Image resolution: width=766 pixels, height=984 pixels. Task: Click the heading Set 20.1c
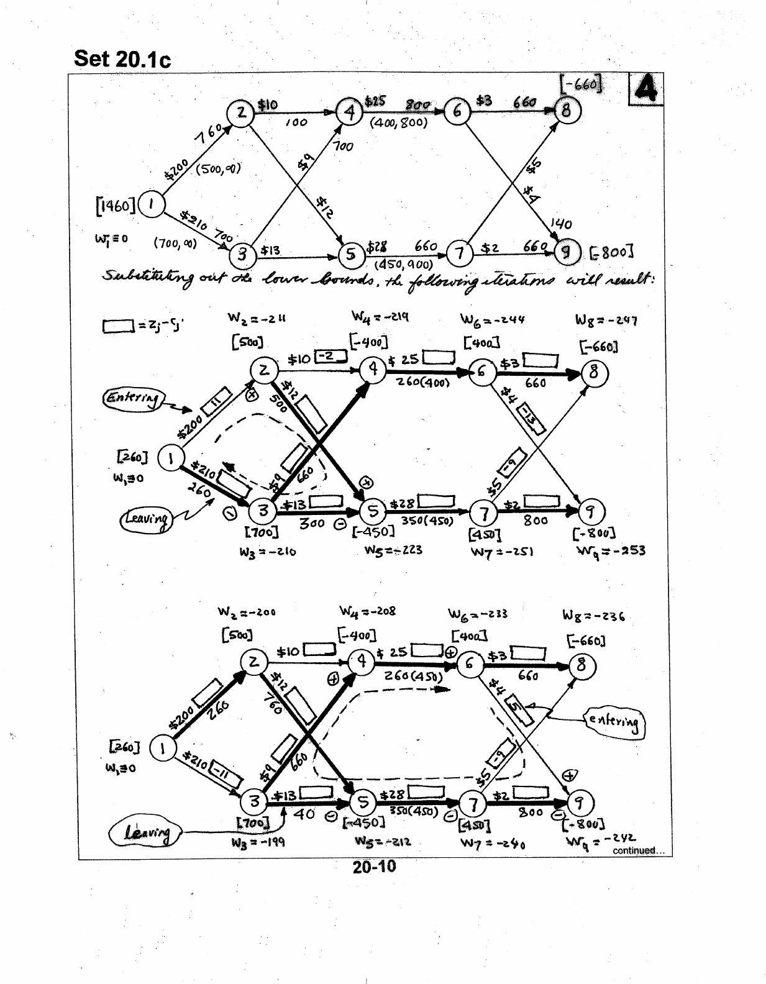pos(122,59)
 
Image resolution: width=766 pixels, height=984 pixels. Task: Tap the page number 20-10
pos(374,867)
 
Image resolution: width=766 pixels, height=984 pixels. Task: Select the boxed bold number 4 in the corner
pos(645,90)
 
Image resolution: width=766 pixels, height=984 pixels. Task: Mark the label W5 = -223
pos(393,550)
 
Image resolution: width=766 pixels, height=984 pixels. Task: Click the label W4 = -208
pos(367,611)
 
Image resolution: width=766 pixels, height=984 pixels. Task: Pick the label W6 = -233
pos(478,614)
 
